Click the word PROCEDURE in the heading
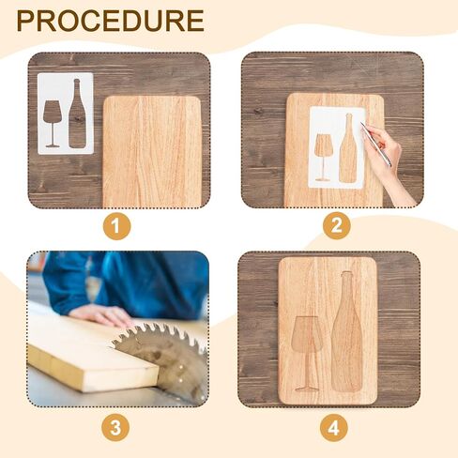[x=110, y=21]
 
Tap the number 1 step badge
[x=116, y=225]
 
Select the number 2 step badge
[x=337, y=225]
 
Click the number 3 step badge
[x=116, y=428]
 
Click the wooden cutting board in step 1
[x=152, y=150]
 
